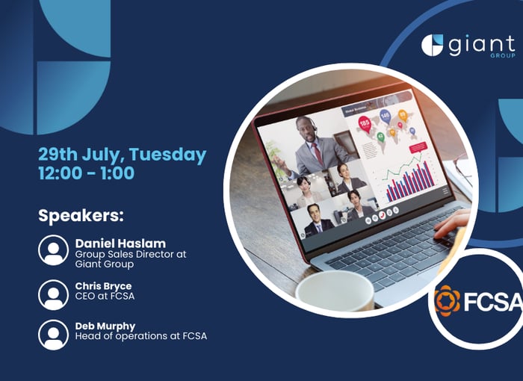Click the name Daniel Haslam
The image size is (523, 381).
click(x=120, y=244)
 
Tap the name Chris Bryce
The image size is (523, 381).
click(x=103, y=286)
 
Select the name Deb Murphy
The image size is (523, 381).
click(x=105, y=326)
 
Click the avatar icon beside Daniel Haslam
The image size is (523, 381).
click(x=53, y=250)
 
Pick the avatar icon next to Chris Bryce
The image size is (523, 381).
click(x=53, y=295)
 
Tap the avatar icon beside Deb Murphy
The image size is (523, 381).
click(x=53, y=335)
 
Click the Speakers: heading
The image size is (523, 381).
click(x=81, y=216)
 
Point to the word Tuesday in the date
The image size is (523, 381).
click(x=167, y=155)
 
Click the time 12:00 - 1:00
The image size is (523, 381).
click(x=87, y=173)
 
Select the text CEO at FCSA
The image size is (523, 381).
click(x=105, y=297)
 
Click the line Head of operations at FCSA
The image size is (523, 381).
click(x=140, y=336)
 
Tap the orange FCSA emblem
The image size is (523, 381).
click(x=448, y=300)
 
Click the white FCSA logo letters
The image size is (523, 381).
click(x=492, y=301)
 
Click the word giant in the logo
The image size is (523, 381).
click(x=482, y=45)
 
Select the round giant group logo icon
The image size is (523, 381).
click(x=432, y=45)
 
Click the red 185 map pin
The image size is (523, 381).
click(x=365, y=124)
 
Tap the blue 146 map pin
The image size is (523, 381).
click(x=385, y=117)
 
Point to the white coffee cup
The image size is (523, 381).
click(x=335, y=291)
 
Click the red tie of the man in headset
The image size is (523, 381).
click(x=318, y=154)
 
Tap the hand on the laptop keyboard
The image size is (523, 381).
click(x=452, y=223)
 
